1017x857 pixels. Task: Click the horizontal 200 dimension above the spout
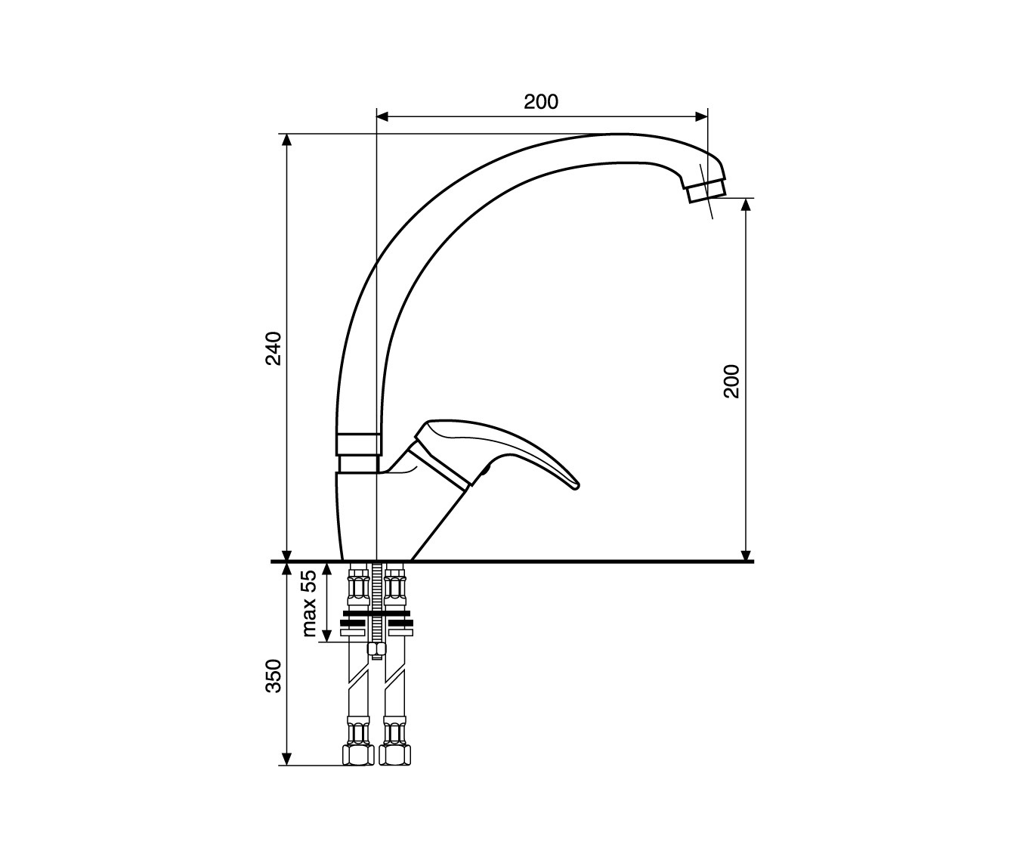pyautogui.click(x=541, y=102)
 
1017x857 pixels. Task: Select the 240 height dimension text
pyautogui.click(x=274, y=348)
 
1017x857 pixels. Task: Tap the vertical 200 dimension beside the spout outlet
pyautogui.click(x=731, y=381)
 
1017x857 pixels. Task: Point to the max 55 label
pyautogui.click(x=309, y=604)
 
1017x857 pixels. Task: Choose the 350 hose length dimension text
pyautogui.click(x=274, y=676)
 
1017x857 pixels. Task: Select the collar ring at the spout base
pyautogui.click(x=359, y=444)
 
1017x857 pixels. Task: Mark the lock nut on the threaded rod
pyautogui.click(x=376, y=648)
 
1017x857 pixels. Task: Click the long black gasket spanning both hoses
pyautogui.click(x=376, y=613)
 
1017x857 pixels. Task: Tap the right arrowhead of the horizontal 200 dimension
pyautogui.click(x=701, y=116)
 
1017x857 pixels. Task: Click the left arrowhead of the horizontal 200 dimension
pyautogui.click(x=383, y=116)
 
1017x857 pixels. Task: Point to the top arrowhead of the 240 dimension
pyautogui.click(x=287, y=140)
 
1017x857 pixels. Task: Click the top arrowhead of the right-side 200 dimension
pyautogui.click(x=745, y=204)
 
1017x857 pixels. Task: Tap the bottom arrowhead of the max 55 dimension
pyautogui.click(x=327, y=636)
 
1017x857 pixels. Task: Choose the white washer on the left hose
pyautogui.click(x=353, y=633)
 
